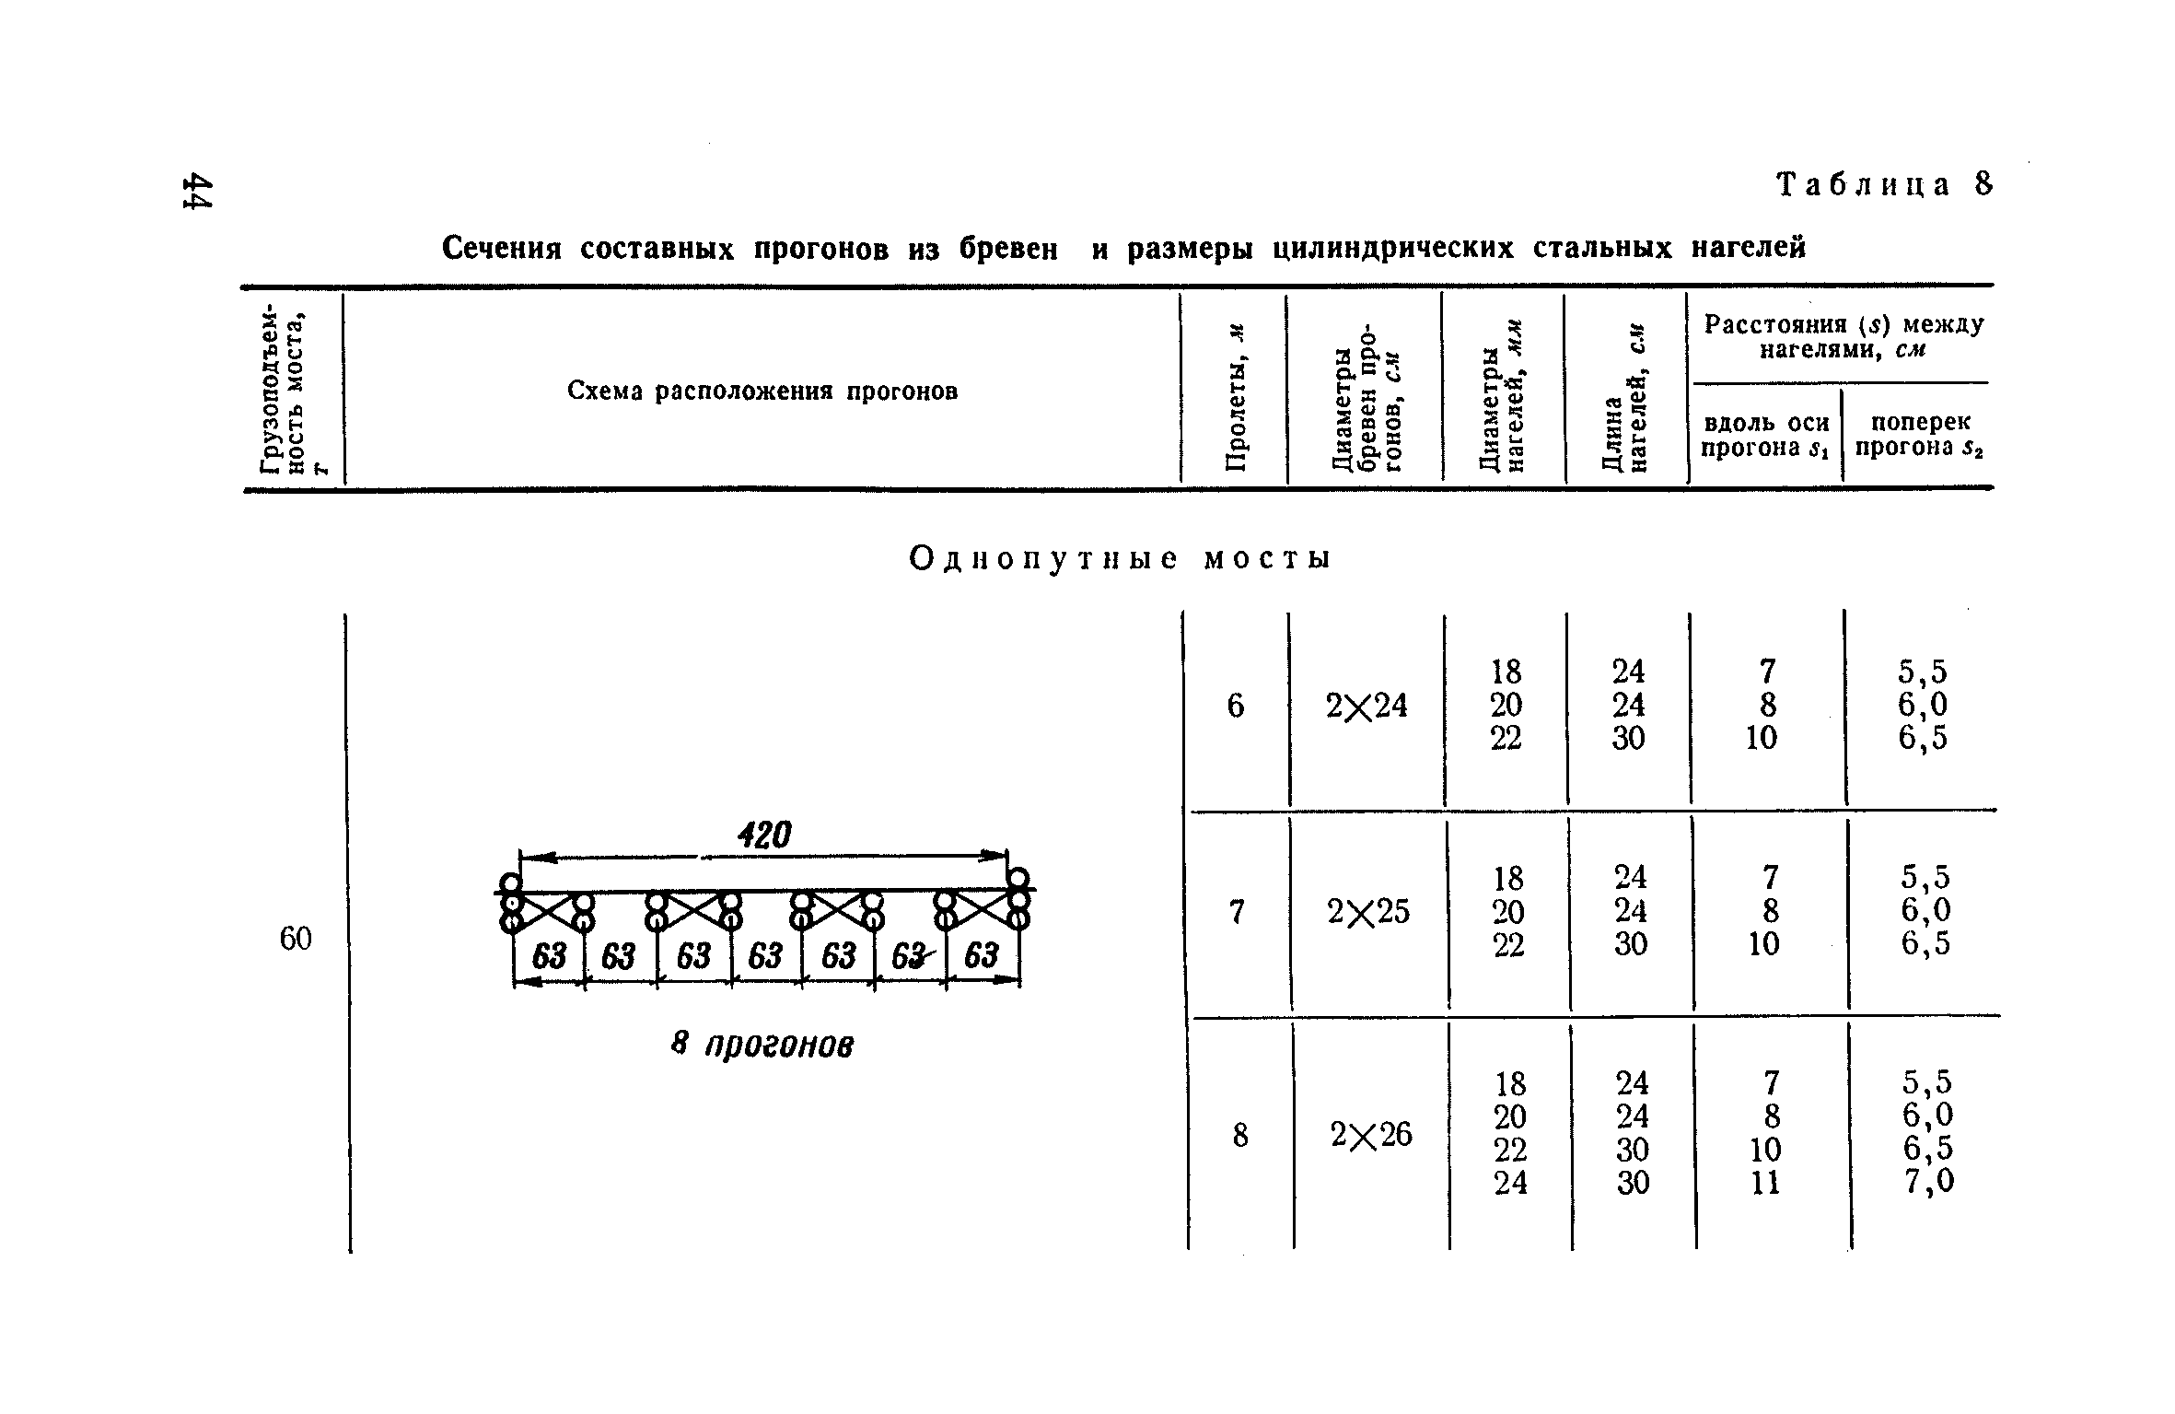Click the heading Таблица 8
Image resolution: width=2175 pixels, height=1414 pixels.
(x=1883, y=185)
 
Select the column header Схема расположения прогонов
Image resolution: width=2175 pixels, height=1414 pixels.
(x=762, y=391)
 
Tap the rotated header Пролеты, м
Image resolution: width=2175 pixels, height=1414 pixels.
(x=1235, y=397)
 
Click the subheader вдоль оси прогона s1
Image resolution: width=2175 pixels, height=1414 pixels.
(x=1764, y=435)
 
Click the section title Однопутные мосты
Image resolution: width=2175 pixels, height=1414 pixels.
(x=1119, y=558)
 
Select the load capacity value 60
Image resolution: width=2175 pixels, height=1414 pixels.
(x=296, y=939)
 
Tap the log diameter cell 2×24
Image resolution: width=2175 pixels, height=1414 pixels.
(x=1367, y=706)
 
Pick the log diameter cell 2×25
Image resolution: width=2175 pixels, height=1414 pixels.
(x=1368, y=912)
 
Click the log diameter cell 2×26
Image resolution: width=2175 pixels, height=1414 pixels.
(x=1371, y=1135)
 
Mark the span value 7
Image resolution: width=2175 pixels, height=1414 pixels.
(x=1237, y=912)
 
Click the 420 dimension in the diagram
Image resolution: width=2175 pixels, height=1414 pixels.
(x=764, y=836)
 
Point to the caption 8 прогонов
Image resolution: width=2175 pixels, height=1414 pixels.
(x=762, y=1045)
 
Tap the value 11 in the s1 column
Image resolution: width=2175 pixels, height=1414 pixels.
(x=1765, y=1183)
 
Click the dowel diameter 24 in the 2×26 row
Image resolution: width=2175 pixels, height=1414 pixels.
(x=1510, y=1183)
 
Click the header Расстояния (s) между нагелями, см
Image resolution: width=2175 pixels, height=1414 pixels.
(x=1844, y=336)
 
